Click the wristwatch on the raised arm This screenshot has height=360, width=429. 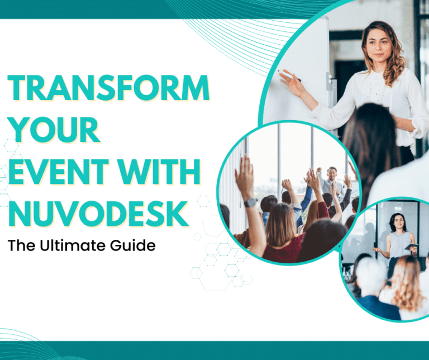click(250, 202)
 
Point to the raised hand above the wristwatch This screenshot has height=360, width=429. click(244, 177)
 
